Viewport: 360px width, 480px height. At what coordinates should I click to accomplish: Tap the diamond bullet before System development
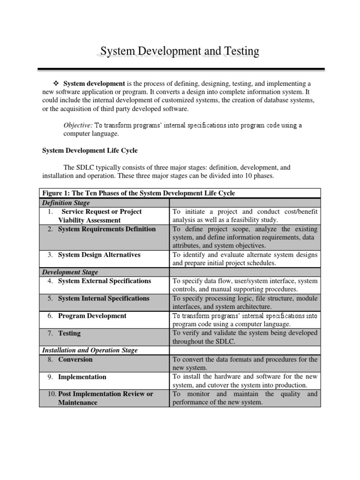pyautogui.click(x=58, y=83)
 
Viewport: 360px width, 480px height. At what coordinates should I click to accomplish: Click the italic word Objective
pyautogui.click(x=78, y=125)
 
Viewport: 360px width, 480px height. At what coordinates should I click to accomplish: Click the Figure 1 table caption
pyautogui.click(x=139, y=193)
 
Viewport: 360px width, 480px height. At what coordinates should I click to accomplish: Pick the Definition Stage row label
pyautogui.click(x=66, y=202)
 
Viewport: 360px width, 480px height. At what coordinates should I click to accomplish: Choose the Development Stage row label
pyautogui.click(x=70, y=272)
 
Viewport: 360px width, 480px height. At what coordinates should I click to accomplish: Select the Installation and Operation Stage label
pyautogui.click(x=90, y=350)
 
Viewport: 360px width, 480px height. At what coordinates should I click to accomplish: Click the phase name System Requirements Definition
pyautogui.click(x=107, y=229)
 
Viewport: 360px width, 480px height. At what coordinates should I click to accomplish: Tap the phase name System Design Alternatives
pyautogui.click(x=99, y=255)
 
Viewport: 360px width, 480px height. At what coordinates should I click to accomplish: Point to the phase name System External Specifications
pyautogui.click(x=105, y=281)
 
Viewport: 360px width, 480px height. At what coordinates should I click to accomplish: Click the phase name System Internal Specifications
pyautogui.click(x=104, y=298)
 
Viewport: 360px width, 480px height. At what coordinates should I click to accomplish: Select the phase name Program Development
pyautogui.click(x=92, y=315)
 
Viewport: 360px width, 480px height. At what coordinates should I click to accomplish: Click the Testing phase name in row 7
pyautogui.click(x=69, y=333)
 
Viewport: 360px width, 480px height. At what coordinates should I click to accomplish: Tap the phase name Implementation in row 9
pyautogui.click(x=82, y=377)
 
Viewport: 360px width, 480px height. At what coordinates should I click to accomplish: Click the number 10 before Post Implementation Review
pyautogui.click(x=52, y=394)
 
